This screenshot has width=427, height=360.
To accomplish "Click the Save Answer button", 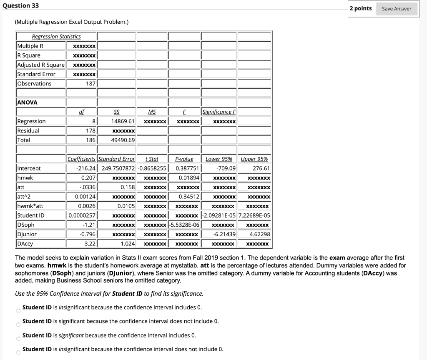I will tap(396, 9).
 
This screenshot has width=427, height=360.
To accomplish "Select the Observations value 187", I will tap(90, 83).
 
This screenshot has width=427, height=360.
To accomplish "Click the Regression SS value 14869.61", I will tap(123, 121).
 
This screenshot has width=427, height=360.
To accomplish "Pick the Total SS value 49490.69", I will tap(123, 140).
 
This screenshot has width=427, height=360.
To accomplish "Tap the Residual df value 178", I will tap(90, 130).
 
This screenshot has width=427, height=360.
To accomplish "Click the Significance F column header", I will tap(219, 112).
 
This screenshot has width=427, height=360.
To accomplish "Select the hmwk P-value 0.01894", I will tap(189, 177).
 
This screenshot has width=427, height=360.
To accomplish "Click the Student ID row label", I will tap(30, 215).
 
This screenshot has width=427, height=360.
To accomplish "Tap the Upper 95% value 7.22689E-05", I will tap(254, 215).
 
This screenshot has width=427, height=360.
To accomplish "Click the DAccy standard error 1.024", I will tap(128, 244).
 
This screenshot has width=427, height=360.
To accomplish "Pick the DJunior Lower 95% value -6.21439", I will tap(224, 234).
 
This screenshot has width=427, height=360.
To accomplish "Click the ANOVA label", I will tap(27, 102).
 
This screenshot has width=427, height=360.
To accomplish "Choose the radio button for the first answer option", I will tap(18, 311).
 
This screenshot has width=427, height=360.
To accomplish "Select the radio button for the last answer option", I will tap(18, 352).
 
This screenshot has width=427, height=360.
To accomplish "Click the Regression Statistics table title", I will tap(56, 37).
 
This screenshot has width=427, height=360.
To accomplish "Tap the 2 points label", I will tap(361, 8).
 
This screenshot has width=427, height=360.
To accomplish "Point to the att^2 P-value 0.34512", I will tap(189, 196).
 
